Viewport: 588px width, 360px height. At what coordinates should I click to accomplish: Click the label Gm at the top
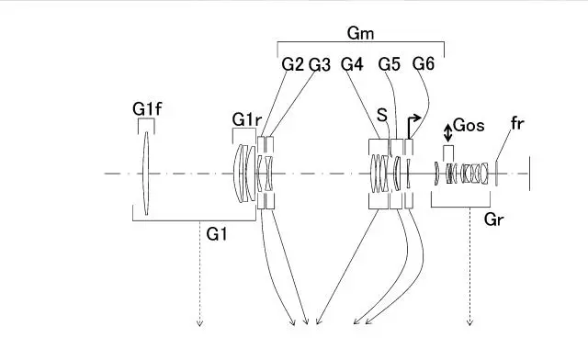tap(360, 33)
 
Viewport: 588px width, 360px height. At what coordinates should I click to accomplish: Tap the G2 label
tap(292, 64)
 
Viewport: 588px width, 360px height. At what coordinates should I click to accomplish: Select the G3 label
tap(320, 65)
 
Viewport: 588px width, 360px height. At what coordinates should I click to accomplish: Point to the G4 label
tap(352, 64)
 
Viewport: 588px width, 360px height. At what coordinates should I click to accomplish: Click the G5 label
tap(390, 64)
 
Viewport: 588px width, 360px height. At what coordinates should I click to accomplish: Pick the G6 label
tap(424, 63)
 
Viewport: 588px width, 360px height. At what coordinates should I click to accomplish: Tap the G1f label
tap(147, 109)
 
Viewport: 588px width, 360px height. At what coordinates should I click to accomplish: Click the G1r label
tap(246, 119)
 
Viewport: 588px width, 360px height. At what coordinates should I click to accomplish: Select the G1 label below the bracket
tap(217, 234)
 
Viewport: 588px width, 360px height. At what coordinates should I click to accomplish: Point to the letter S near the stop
tap(382, 115)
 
